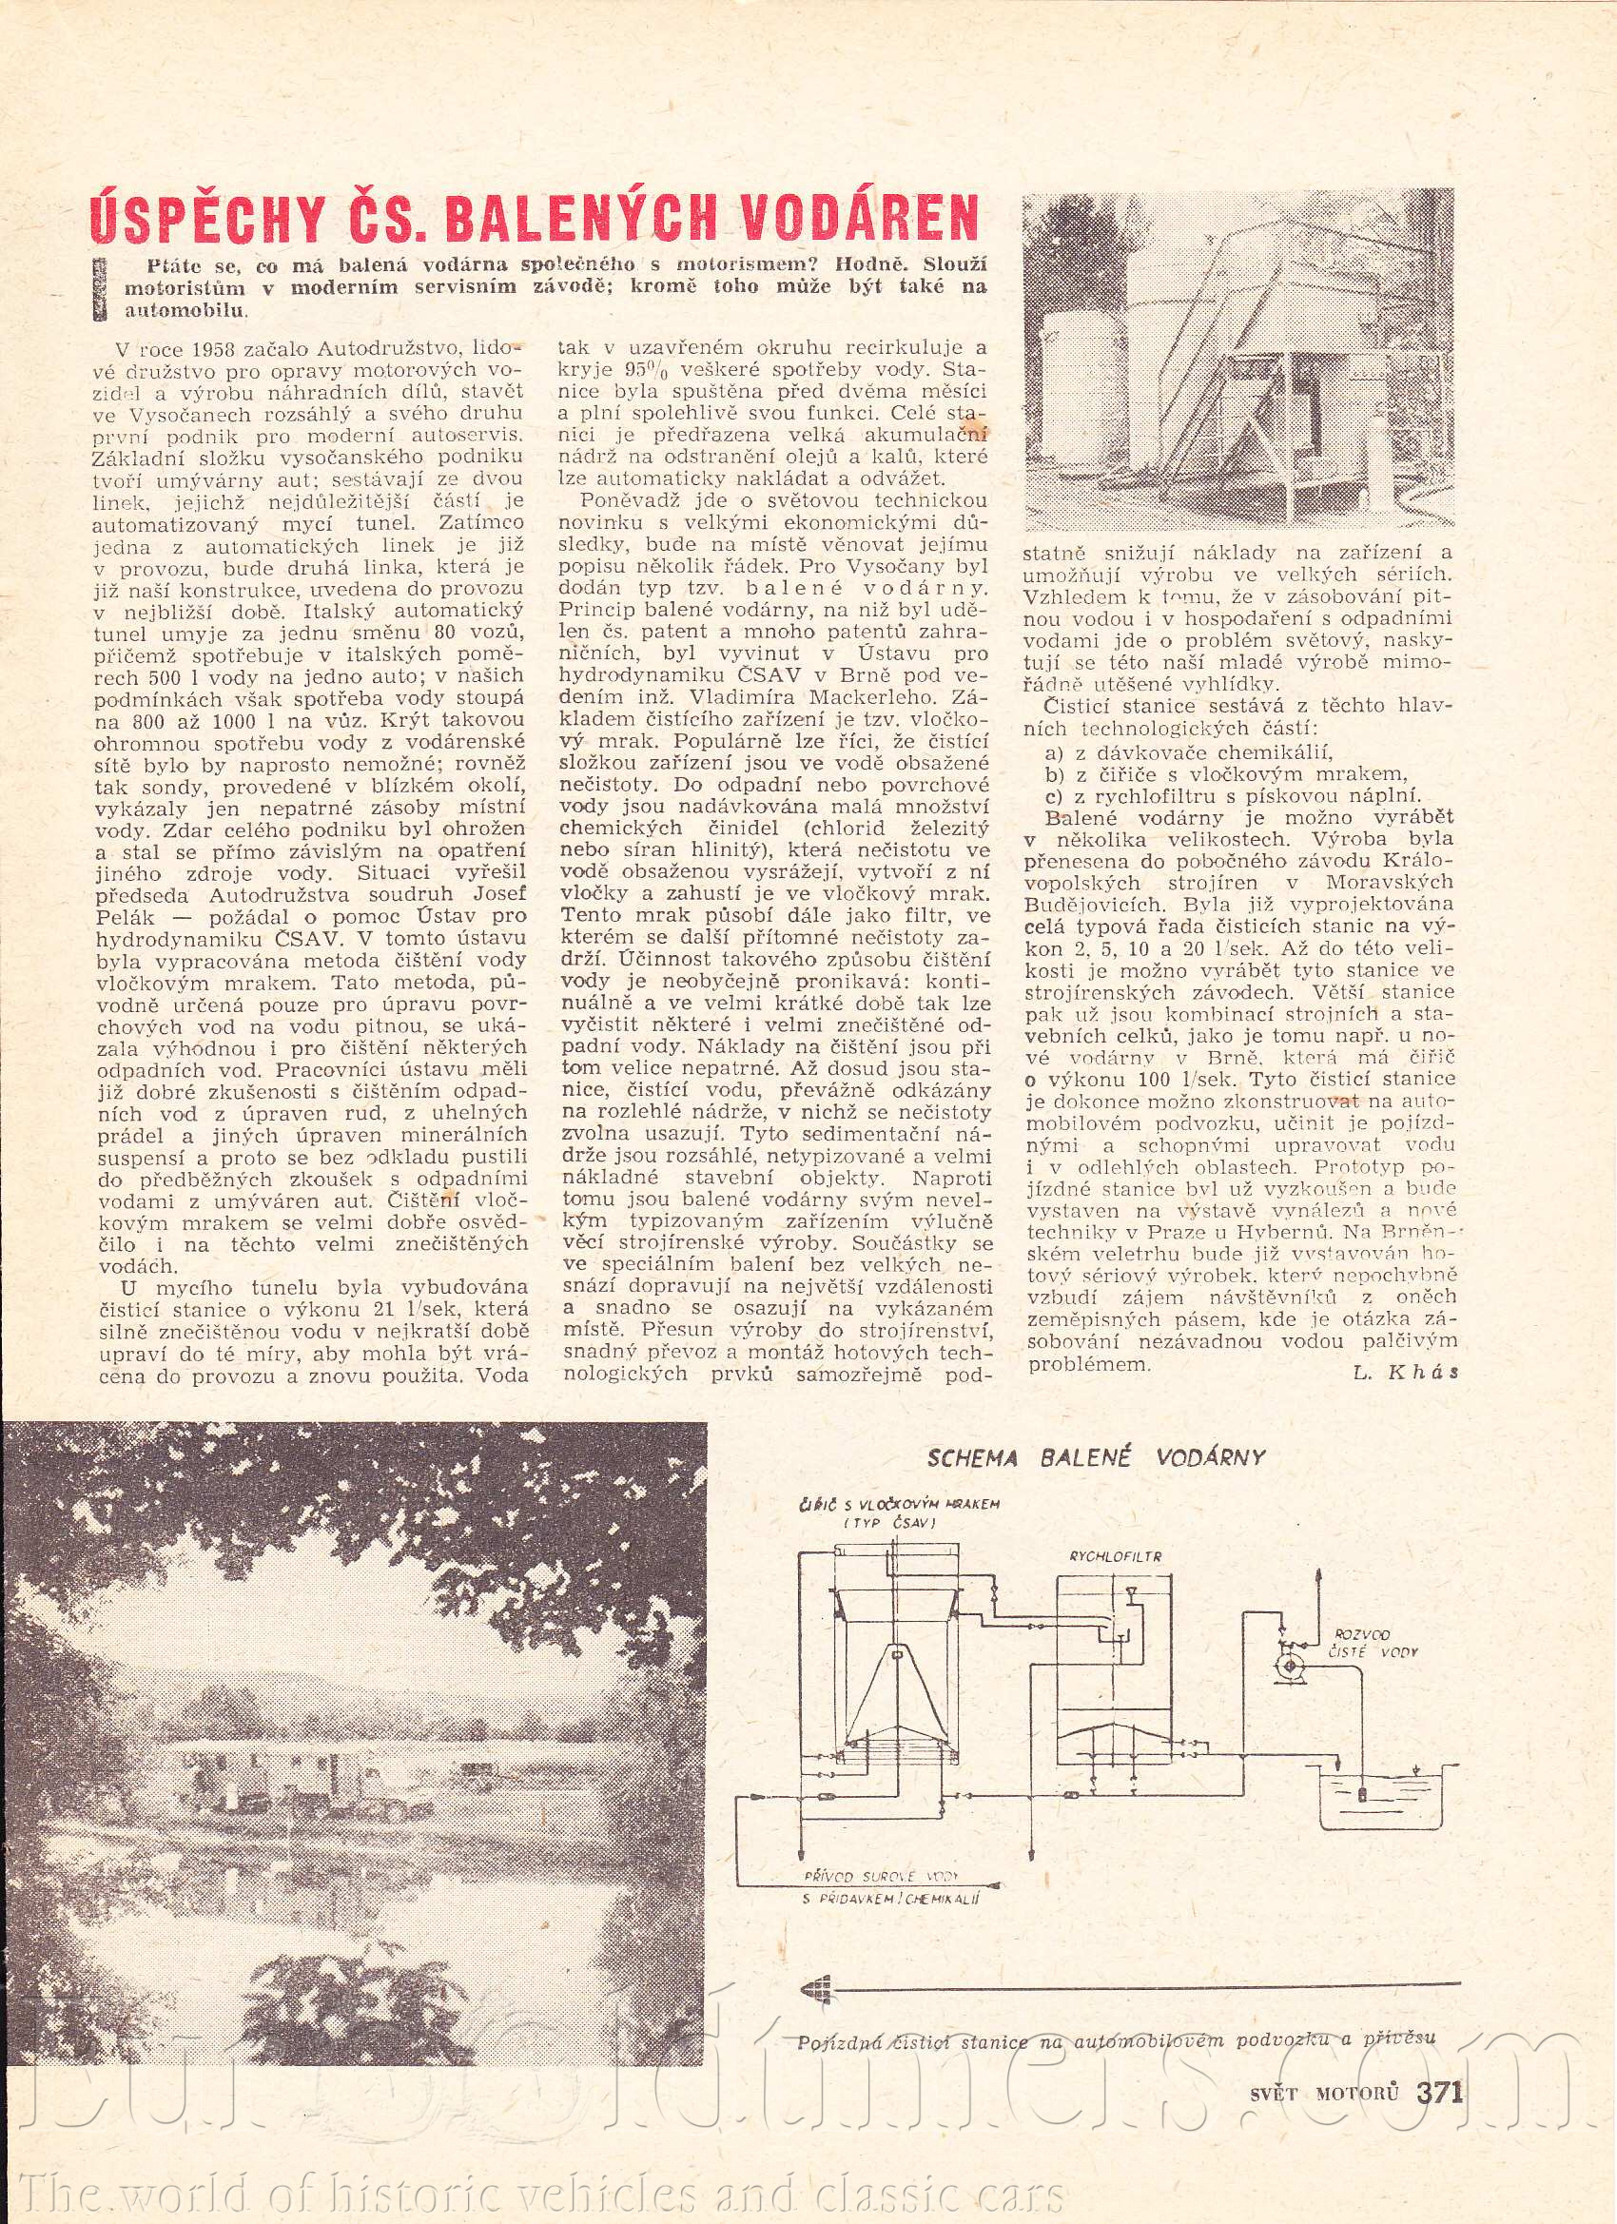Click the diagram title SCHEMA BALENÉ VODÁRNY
(x=1097, y=1457)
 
